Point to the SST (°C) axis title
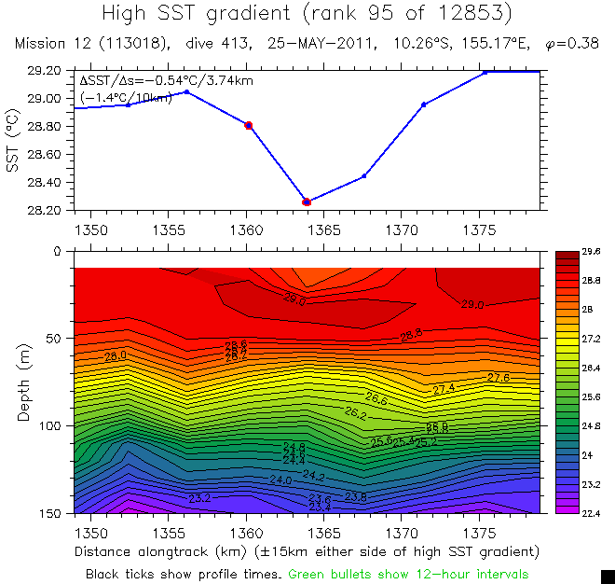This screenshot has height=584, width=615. pyautogui.click(x=13, y=140)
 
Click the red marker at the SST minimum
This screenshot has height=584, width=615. pyautogui.click(x=307, y=202)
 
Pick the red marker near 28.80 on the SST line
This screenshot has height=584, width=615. pyautogui.click(x=248, y=125)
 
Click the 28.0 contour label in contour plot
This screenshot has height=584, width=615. pyautogui.click(x=116, y=355)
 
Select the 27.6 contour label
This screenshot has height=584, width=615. pyautogui.click(x=499, y=377)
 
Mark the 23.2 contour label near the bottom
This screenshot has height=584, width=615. pyautogui.click(x=198, y=498)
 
